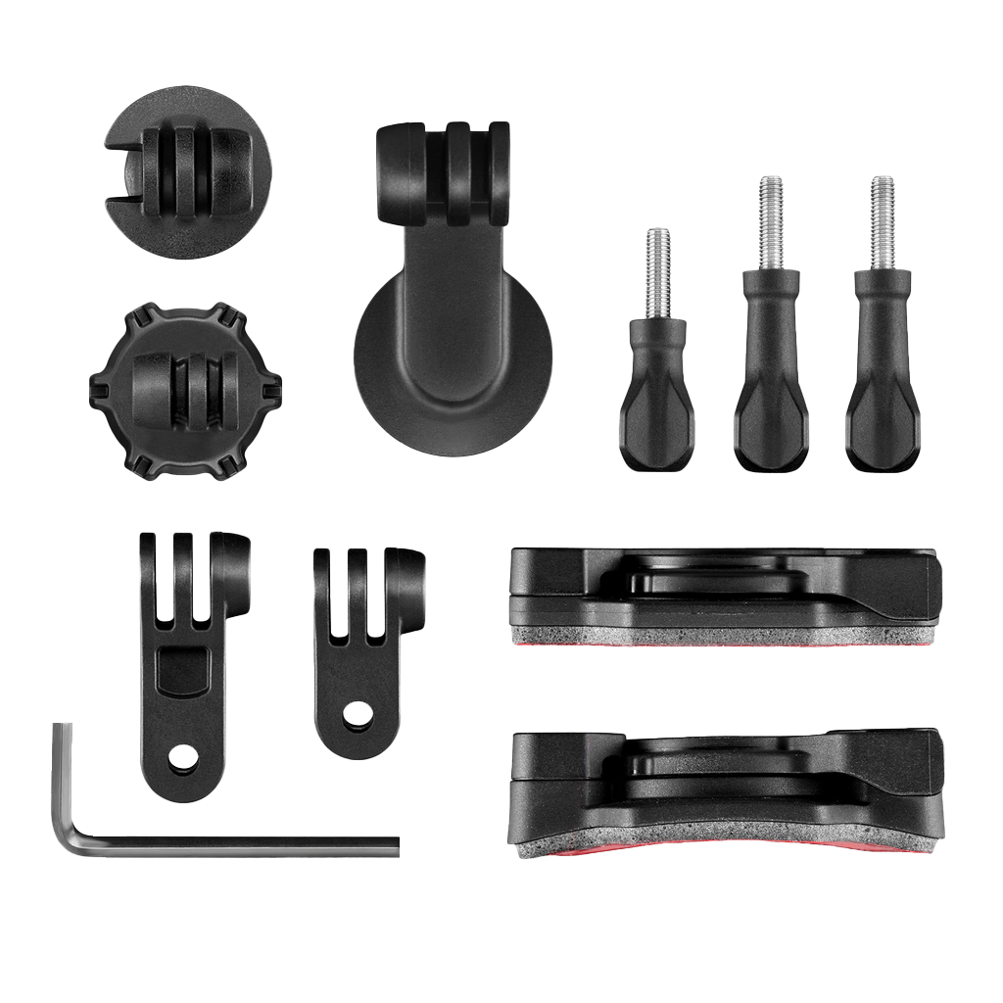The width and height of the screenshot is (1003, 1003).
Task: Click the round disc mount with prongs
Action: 186,172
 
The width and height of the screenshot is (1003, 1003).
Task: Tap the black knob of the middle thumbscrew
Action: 770,392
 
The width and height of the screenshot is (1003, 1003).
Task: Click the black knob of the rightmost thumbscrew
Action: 883,392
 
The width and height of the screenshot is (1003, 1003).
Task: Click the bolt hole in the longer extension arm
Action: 181,757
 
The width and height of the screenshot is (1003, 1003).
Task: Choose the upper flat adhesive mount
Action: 725,588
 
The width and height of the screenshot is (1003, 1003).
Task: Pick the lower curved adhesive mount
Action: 725,784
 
